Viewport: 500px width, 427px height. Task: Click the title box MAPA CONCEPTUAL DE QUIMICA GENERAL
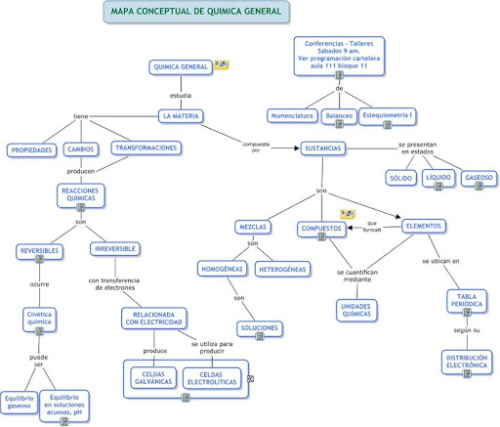pyautogui.click(x=196, y=12)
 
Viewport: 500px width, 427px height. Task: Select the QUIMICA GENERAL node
pyautogui.click(x=181, y=67)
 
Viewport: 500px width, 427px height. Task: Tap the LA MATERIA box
pyautogui.click(x=181, y=116)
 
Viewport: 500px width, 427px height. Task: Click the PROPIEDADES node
pyautogui.click(x=31, y=150)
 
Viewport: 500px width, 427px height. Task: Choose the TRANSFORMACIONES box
pyautogui.click(x=146, y=149)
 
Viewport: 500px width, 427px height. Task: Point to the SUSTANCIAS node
pyautogui.click(x=323, y=149)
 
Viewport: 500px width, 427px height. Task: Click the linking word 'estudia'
pyautogui.click(x=181, y=96)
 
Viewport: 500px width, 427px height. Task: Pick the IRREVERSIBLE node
pyautogui.click(x=115, y=249)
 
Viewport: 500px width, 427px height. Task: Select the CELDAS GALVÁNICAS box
pyautogui.click(x=153, y=378)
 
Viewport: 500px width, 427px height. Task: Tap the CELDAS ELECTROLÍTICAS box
pyautogui.click(x=212, y=378)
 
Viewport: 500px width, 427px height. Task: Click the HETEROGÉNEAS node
pyautogui.click(x=282, y=270)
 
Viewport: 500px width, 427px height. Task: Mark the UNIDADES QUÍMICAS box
pyautogui.click(x=356, y=311)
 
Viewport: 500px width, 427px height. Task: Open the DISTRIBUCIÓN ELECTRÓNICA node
pyautogui.click(x=467, y=362)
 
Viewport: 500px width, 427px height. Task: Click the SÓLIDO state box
pyautogui.click(x=401, y=178)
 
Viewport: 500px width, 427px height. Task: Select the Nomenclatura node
pyautogui.click(x=292, y=116)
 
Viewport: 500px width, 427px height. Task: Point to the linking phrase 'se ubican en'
pyautogui.click(x=440, y=261)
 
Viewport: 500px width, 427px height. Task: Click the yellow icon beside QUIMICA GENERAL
pyautogui.click(x=222, y=64)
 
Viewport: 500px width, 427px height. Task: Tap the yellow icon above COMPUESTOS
pyautogui.click(x=348, y=214)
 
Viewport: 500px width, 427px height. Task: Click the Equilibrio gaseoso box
pyautogui.click(x=19, y=403)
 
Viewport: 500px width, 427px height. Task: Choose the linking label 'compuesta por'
pyautogui.click(x=256, y=148)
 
